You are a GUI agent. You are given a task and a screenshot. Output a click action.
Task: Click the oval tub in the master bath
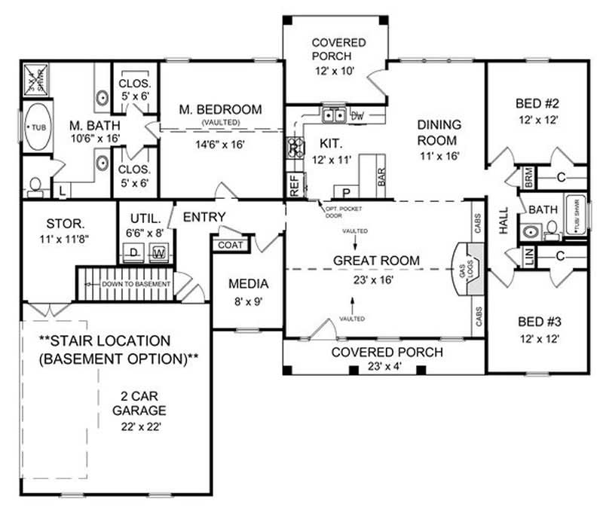pyautogui.click(x=35, y=128)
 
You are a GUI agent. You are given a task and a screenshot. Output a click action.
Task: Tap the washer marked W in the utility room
pyautogui.click(x=159, y=252)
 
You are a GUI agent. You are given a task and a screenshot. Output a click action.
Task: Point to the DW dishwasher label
pyautogui.click(x=358, y=115)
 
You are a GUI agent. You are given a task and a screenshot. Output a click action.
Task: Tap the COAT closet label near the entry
pyautogui.click(x=231, y=245)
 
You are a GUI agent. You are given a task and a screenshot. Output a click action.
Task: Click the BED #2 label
pyautogui.click(x=537, y=103)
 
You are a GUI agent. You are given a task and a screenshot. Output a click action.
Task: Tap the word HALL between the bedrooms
pyautogui.click(x=504, y=221)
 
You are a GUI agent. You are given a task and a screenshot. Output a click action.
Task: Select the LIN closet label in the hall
pyautogui.click(x=528, y=257)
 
